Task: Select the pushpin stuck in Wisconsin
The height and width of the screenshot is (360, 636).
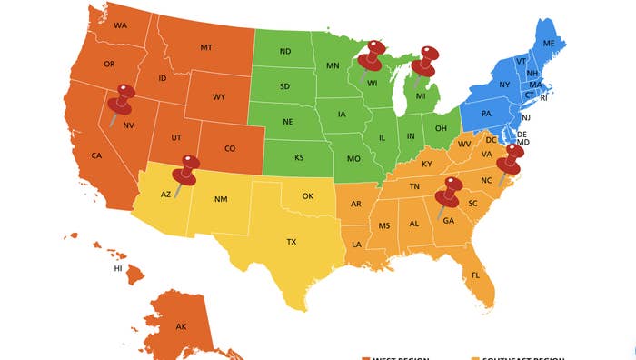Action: [x=371, y=58]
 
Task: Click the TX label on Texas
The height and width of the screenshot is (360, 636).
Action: [x=292, y=242]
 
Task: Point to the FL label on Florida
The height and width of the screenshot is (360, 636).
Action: [x=476, y=275]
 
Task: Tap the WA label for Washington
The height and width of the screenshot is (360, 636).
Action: [x=120, y=25]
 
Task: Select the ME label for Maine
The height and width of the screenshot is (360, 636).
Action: [x=549, y=44]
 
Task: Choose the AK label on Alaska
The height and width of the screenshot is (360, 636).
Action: [x=181, y=326]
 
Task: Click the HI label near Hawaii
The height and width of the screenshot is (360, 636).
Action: [x=117, y=269]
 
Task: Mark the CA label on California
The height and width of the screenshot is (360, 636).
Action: [x=96, y=155]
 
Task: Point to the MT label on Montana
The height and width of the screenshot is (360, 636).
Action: [x=206, y=47]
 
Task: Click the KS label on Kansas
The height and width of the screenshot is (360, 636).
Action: [x=299, y=157]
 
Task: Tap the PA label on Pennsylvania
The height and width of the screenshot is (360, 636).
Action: [x=486, y=114]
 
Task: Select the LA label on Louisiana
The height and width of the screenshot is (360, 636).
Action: [x=357, y=245]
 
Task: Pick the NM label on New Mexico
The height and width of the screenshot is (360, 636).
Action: [x=220, y=199]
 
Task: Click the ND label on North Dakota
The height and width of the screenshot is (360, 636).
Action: [x=285, y=52]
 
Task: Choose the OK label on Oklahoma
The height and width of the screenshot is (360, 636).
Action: [x=307, y=195]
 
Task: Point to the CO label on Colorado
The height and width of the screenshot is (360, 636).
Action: [x=229, y=149]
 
